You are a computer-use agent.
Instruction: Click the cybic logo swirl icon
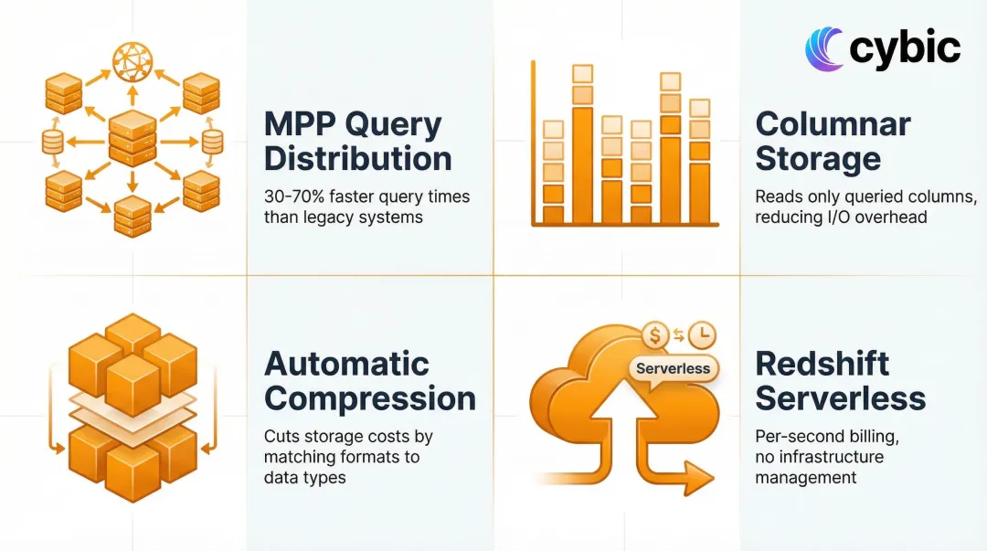pos(824,48)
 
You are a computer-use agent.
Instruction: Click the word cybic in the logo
pos(905,48)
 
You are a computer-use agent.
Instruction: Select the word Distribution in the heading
pos(357,159)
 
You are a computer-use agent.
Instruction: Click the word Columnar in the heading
pos(833,124)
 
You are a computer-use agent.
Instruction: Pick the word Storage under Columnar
pos(817,159)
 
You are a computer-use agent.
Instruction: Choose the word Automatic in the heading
pos(346,364)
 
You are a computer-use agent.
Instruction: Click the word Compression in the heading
pos(369,399)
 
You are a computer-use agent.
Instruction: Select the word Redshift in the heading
pos(822,364)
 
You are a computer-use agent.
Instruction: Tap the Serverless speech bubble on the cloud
pos(672,369)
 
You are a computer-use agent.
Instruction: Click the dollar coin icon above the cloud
pos(654,335)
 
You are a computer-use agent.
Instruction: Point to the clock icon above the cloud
pos(702,334)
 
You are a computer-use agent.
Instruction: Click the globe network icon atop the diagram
pos(133,61)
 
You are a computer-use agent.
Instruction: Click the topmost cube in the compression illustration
pos(133,333)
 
